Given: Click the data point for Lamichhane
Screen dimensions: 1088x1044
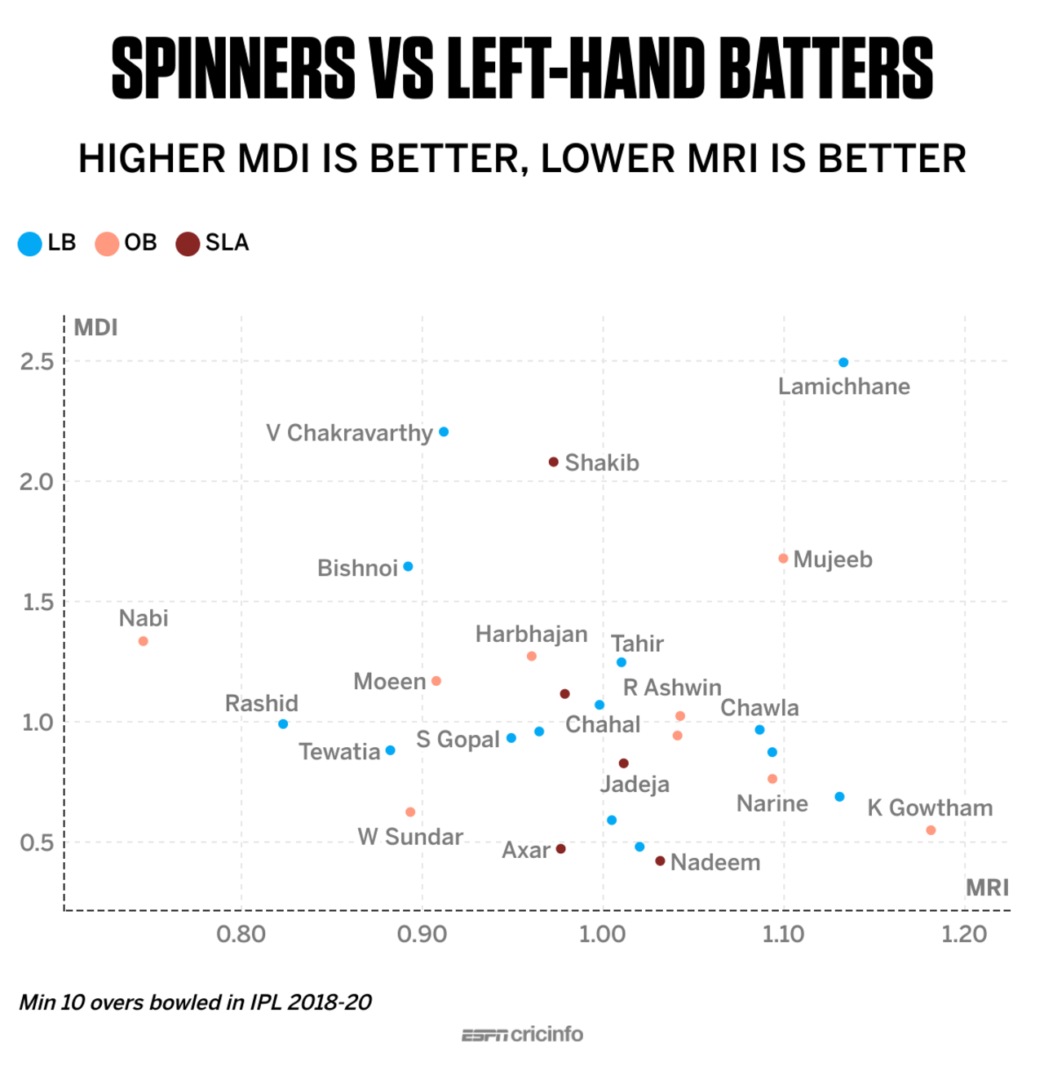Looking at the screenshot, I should click(843, 362).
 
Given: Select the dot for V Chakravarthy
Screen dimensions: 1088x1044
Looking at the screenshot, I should click(444, 431).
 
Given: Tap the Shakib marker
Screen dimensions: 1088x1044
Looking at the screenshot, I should click(553, 462).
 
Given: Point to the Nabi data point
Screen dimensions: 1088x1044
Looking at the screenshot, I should click(144, 641).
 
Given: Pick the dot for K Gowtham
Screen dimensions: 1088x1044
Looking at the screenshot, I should click(931, 830).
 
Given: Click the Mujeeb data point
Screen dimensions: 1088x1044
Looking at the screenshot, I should click(783, 559).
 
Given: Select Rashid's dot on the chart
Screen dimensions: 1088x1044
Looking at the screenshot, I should click(283, 723).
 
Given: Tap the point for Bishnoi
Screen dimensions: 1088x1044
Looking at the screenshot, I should click(408, 566).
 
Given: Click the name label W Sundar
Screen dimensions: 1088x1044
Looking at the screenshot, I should click(410, 837).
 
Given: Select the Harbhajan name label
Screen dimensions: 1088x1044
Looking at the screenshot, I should click(531, 634).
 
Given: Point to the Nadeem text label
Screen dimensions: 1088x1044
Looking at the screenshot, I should click(715, 862).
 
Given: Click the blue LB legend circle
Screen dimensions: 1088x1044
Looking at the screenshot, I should click(30, 243).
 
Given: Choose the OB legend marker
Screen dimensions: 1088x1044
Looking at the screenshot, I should click(107, 243).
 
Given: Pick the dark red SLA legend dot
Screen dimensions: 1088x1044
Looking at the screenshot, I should click(188, 243).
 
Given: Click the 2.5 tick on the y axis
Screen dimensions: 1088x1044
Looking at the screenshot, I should click(37, 361).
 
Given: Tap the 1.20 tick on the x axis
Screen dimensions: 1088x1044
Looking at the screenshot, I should click(964, 934).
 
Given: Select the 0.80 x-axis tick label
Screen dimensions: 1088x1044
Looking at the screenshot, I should click(241, 934).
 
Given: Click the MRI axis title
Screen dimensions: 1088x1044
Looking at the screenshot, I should click(987, 887).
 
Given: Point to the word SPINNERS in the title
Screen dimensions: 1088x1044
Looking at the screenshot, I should click(233, 69).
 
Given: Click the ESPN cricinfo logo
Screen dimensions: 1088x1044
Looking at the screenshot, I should click(522, 1034).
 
